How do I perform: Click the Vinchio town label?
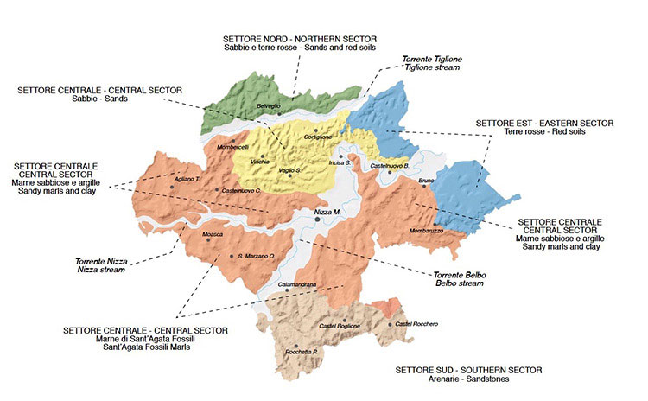click(x=260, y=162)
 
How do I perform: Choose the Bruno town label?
click(x=427, y=181)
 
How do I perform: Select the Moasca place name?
click(x=213, y=234)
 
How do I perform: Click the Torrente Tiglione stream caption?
click(x=432, y=59)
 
